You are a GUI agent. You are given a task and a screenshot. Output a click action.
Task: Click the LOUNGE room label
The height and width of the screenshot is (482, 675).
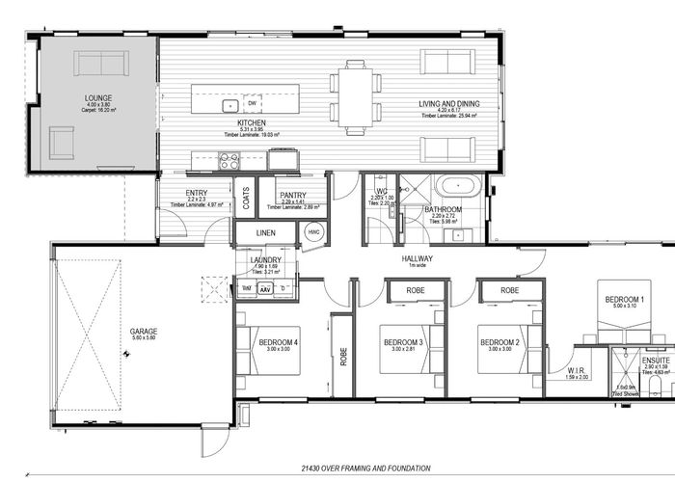pos(97,98)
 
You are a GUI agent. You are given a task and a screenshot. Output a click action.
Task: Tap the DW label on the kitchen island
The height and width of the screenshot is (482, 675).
pos(252,102)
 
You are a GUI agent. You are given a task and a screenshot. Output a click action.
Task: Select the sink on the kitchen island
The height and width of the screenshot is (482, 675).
pos(230,105)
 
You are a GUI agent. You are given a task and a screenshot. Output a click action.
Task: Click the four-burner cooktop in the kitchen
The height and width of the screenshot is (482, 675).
pos(229,161)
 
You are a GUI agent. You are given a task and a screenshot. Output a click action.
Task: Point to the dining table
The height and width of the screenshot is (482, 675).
pos(355,97)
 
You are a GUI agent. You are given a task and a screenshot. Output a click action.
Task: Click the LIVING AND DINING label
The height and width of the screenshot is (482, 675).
pos(448,104)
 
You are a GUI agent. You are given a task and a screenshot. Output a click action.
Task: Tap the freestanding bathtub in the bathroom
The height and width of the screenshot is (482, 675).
pos(450,185)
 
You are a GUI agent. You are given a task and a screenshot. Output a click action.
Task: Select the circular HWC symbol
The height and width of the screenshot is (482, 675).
pos(313,232)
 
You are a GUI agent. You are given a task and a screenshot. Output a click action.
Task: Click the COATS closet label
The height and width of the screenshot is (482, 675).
pos(247,199)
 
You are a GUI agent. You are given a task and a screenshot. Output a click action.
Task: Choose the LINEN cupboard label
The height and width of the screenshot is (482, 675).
pos(267,234)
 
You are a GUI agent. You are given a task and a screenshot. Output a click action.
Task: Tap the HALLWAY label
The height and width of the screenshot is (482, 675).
pos(418,259)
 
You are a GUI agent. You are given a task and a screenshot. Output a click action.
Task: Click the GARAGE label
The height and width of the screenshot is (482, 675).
pos(144,332)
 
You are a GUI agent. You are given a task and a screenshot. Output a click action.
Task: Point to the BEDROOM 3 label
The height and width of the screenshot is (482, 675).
pos(404,342)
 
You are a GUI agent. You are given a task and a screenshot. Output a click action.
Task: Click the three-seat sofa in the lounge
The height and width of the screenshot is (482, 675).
pos(100,64)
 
